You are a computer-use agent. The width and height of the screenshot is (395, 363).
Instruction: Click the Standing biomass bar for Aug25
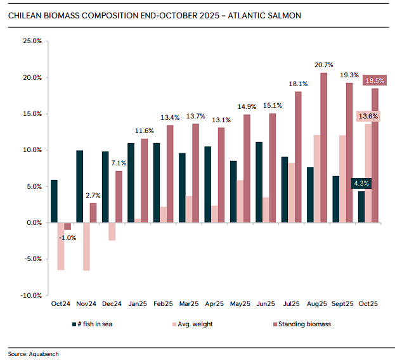323,148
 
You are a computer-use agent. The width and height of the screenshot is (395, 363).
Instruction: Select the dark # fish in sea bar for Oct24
54,201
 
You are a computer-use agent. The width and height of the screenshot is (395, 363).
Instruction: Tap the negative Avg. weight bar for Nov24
86,246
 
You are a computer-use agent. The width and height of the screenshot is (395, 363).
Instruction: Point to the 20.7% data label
323,65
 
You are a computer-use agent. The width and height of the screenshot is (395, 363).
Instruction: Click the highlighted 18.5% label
374,81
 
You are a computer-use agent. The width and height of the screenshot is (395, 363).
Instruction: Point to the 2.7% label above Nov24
93,195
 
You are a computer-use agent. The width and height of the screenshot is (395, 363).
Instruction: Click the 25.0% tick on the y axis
32,41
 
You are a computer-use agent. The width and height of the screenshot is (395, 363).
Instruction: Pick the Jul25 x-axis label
292,304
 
